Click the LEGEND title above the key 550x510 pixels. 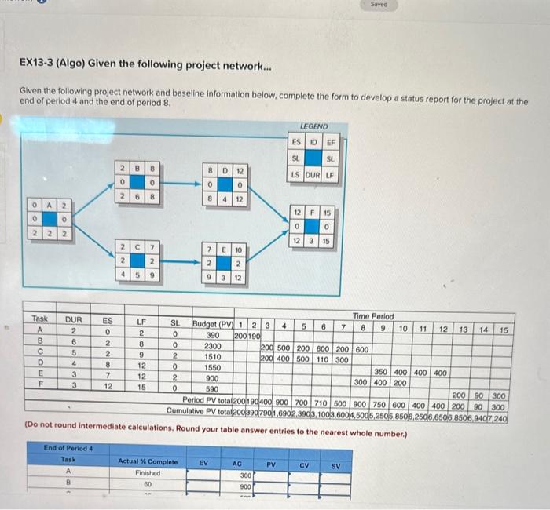pyautogui.click(x=314, y=126)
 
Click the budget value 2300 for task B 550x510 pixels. pyautogui.click(x=211, y=344)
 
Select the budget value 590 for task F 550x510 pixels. pyautogui.click(x=211, y=388)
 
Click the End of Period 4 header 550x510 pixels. pyautogui.click(x=68, y=448)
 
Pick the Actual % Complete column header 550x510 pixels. pyautogui.click(x=148, y=463)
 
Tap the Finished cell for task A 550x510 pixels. pyautogui.click(x=148, y=473)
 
